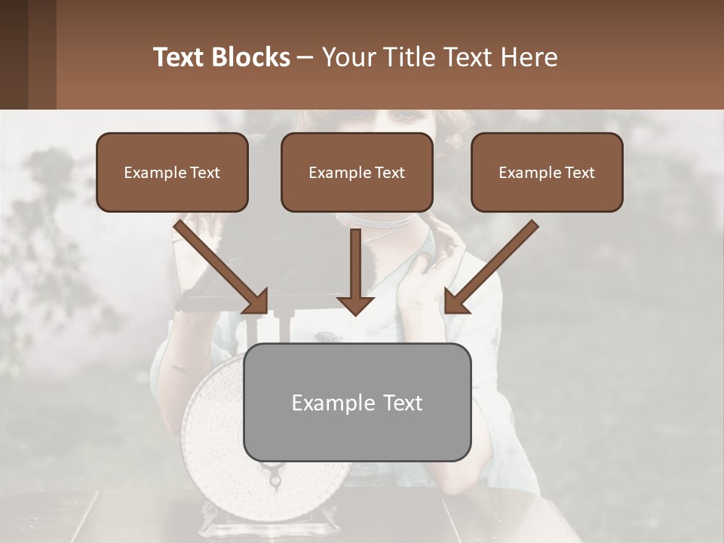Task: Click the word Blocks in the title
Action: click(253, 57)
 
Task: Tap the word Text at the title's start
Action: click(180, 57)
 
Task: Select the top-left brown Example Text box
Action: click(172, 172)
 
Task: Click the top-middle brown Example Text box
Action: click(357, 172)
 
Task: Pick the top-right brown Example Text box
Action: click(547, 172)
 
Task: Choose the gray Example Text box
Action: click(357, 402)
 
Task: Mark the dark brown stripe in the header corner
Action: click(14, 54)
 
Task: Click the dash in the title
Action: click(305, 57)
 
